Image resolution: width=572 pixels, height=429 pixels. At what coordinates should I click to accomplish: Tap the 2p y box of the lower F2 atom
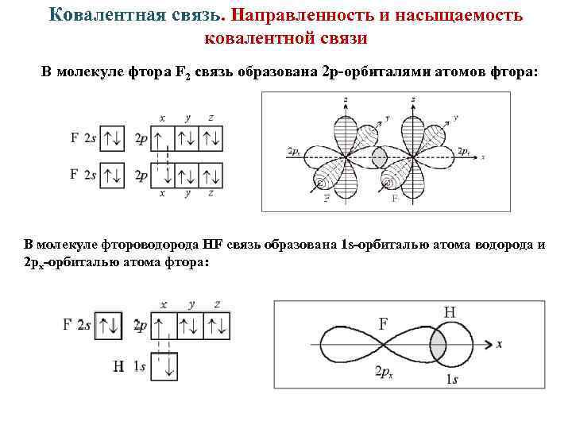[x=187, y=175]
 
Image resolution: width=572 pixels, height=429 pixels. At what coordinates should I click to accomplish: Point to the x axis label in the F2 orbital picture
[x=481, y=157]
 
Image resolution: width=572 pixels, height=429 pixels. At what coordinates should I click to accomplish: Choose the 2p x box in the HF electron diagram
[x=164, y=324]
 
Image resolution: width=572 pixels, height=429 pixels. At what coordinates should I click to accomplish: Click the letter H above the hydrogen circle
[x=449, y=312]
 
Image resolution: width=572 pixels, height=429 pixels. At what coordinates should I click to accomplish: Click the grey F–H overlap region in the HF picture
[x=437, y=345]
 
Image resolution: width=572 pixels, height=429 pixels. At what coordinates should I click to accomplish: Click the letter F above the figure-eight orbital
[x=383, y=323]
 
